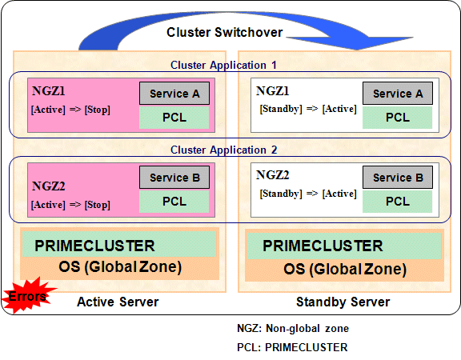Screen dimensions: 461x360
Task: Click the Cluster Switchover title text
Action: coord(224,32)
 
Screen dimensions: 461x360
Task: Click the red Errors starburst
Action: coord(28,295)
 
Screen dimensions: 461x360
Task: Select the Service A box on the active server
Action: coord(174,94)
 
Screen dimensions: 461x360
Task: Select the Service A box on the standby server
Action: coord(398,94)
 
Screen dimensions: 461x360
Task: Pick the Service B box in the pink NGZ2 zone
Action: coord(174,178)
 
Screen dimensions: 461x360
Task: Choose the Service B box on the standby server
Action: coord(398,178)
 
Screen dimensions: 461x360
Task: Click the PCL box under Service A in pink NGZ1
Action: coord(174,118)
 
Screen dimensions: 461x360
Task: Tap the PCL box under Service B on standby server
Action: coord(397,202)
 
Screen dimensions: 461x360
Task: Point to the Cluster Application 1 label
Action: coord(223,65)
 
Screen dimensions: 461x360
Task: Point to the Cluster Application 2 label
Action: coord(223,150)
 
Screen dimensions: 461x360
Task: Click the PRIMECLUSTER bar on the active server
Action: coord(119,244)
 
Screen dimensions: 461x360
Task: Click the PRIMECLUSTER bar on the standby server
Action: coord(344,246)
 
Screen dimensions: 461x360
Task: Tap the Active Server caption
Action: coord(118,302)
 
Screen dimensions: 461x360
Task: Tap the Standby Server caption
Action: coord(343,302)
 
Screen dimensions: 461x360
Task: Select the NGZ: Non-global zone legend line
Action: coord(293,328)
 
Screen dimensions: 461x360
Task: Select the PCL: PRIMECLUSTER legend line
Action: coord(292,347)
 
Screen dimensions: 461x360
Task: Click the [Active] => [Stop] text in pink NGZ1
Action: coord(70,110)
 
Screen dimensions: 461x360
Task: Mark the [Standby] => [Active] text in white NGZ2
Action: coord(308,194)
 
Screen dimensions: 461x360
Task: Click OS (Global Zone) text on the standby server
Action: coord(345,269)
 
